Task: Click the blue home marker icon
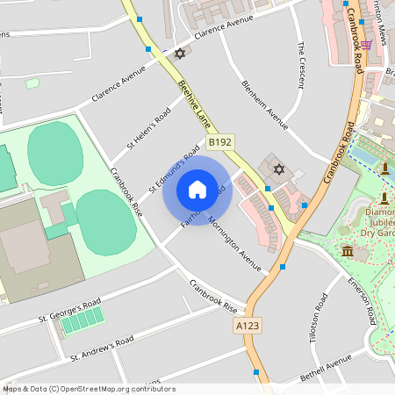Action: point(197,190)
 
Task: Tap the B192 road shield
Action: point(219,141)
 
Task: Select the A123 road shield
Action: point(248,326)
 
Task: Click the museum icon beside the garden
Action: point(348,253)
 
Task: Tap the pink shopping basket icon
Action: point(366,44)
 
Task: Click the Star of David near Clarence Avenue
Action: point(181,54)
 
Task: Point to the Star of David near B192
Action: point(279,169)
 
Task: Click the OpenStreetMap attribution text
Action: point(76,388)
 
